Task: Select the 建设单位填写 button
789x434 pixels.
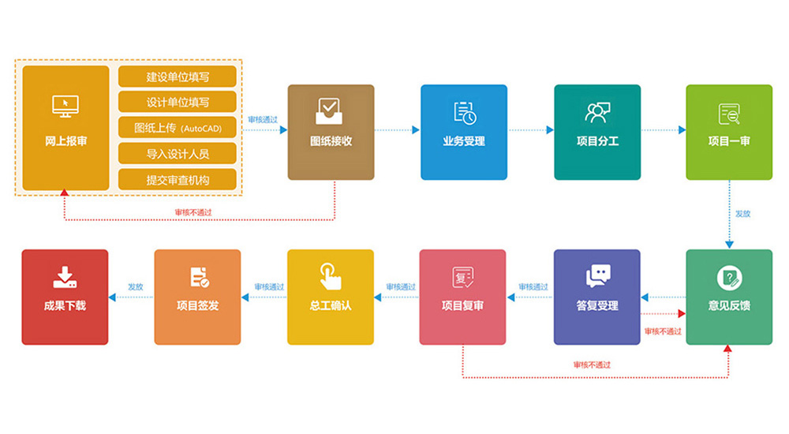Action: (x=178, y=77)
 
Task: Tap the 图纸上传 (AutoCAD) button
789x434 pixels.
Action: (x=178, y=128)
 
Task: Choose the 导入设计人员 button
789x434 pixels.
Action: (x=178, y=153)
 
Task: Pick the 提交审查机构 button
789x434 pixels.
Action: (x=178, y=179)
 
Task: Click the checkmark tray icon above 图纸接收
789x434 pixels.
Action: (x=331, y=111)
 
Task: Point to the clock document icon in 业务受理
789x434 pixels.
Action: (x=464, y=113)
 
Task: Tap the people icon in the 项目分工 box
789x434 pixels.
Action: (x=597, y=112)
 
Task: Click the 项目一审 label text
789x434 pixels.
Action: (x=729, y=142)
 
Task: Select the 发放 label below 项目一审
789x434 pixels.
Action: (x=742, y=214)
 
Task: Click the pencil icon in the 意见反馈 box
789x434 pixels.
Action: (x=729, y=278)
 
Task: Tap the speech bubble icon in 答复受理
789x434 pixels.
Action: (x=597, y=276)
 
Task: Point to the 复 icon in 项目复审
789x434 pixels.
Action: (x=463, y=277)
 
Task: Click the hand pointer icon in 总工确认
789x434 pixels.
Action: (x=331, y=275)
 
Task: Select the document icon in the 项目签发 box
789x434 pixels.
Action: (x=198, y=277)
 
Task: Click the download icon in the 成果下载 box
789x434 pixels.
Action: (x=65, y=277)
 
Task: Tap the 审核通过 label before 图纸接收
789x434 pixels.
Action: (x=263, y=119)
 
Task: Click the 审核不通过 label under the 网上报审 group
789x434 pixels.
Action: (x=193, y=211)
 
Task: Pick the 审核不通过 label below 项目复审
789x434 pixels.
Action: (x=592, y=365)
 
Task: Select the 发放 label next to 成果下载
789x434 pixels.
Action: (x=136, y=287)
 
